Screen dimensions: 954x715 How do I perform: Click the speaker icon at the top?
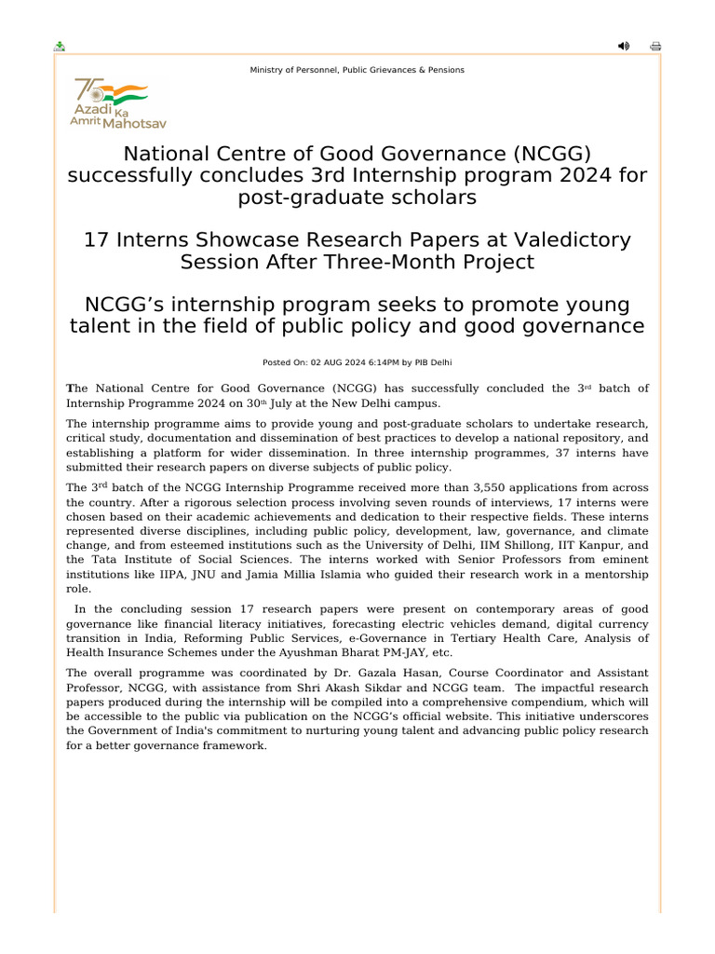pos(623,47)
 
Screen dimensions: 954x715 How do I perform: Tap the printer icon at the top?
pos(655,47)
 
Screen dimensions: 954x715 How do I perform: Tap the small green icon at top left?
pos(60,47)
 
